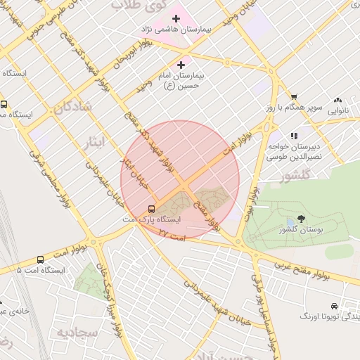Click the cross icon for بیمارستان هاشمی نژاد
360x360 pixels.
pyautogui.click(x=176, y=18)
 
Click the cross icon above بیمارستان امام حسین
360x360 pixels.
pyautogui.click(x=181, y=64)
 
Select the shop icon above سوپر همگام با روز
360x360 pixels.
pyautogui.click(x=294, y=97)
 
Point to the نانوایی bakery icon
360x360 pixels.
pyautogui.click(x=337, y=101)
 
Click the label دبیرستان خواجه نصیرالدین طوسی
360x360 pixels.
pyautogui.click(x=295, y=151)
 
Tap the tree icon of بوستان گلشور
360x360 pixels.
pyautogui.click(x=301, y=219)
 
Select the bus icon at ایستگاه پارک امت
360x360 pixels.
pyautogui.click(x=151, y=209)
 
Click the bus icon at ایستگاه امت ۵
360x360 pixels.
pyautogui.click(x=40, y=259)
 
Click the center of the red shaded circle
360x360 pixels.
pyautogui.click(x=180, y=180)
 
